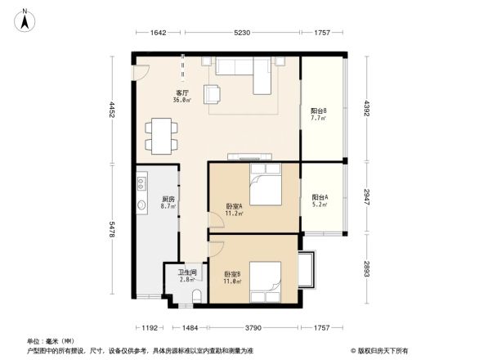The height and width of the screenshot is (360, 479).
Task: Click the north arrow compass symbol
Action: pos(26,18)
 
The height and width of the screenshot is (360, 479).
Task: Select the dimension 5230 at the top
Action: pos(242,33)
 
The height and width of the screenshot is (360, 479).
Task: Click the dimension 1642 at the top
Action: pos(159,33)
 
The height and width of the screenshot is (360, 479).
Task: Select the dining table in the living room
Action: pos(162,135)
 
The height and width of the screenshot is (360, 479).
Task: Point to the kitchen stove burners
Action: pos(141,181)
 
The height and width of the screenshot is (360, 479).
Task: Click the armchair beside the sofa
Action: pos(213,95)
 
